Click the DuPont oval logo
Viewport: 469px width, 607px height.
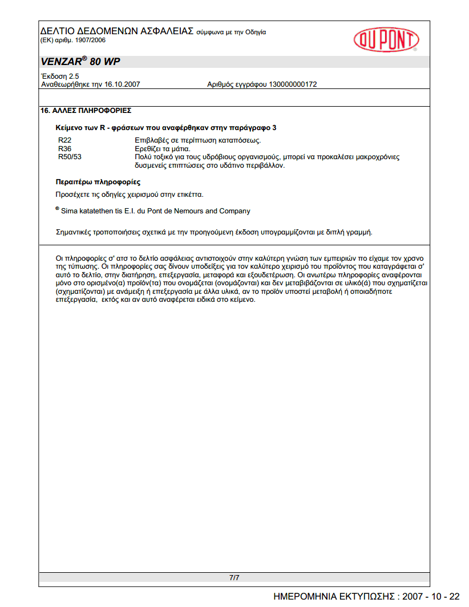coord(386,40)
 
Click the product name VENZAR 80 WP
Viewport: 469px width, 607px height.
coord(80,62)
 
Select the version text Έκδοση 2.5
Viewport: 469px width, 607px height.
coord(60,76)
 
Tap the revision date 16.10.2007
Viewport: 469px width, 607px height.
coord(122,84)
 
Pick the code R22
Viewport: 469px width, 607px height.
coord(64,140)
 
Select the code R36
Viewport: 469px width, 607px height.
coord(64,148)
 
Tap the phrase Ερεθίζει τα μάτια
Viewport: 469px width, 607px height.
coord(162,148)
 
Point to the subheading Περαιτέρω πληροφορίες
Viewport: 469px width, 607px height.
coord(98,183)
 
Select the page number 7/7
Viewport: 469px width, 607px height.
coord(234,578)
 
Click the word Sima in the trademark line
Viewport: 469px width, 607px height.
coord(69,211)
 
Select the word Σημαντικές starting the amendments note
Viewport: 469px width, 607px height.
coord(75,232)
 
